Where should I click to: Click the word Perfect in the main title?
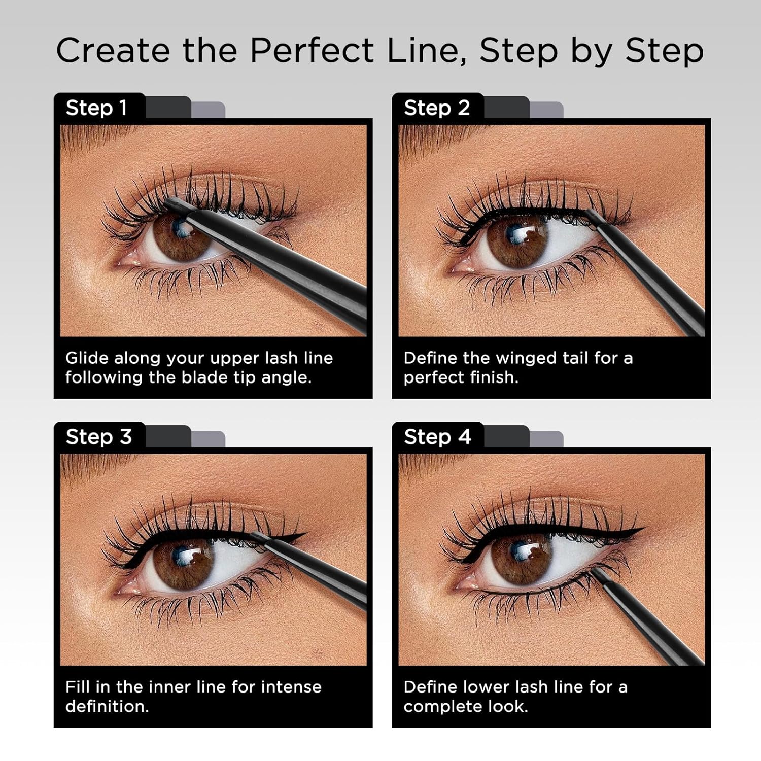[312, 51]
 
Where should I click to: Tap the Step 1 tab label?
[96, 108]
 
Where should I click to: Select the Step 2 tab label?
[436, 108]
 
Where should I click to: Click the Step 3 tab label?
[98, 437]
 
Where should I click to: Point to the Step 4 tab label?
[437, 437]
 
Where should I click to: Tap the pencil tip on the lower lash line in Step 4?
[595, 572]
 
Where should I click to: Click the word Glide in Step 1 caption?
[87, 358]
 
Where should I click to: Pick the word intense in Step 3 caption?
[291, 687]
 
